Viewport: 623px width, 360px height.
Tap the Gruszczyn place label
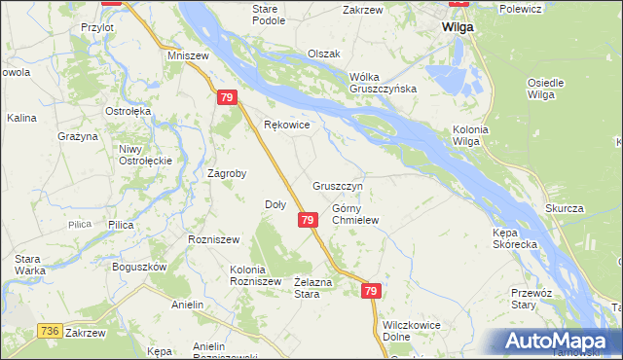338,185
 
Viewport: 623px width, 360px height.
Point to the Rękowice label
287,126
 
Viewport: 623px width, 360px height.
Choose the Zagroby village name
227,174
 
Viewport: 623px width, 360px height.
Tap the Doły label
275,204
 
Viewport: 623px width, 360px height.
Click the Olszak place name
323,54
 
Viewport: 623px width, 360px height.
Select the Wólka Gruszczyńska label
384,82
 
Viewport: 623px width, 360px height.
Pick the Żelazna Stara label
307,287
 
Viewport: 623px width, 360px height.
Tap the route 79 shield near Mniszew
226,98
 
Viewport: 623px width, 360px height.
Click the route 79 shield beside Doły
307,221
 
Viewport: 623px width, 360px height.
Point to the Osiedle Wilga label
545,89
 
